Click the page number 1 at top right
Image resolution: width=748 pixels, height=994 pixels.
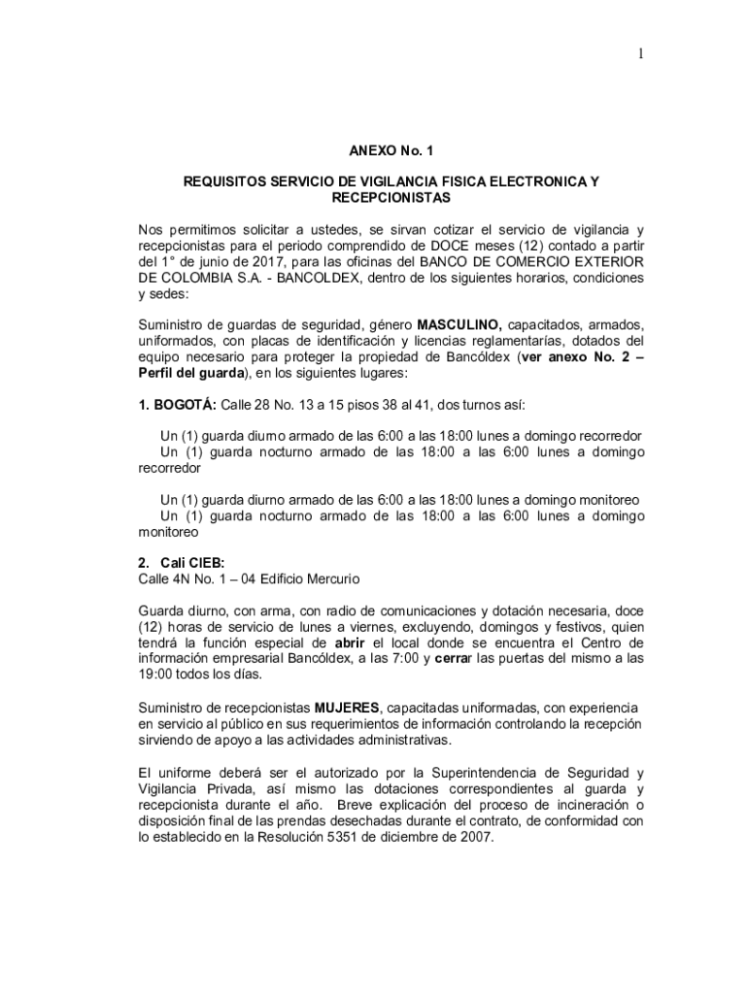click(641, 54)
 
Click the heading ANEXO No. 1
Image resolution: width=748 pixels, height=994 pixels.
click(391, 151)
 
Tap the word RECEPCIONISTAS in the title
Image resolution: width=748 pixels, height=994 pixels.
click(391, 197)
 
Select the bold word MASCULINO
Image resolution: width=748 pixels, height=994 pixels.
click(459, 323)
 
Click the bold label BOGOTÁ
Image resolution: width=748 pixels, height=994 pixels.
click(185, 404)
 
